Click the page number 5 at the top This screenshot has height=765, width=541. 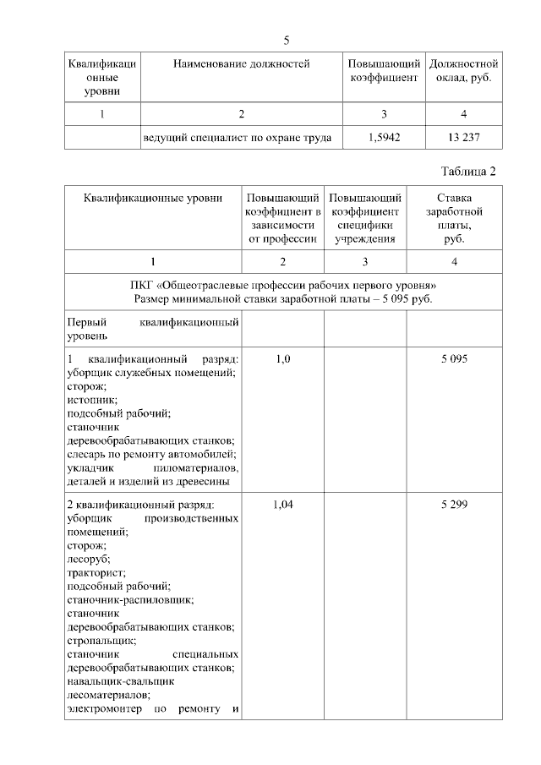tap(287, 41)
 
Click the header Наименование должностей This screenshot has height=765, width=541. tap(242, 63)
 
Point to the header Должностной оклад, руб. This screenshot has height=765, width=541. tap(464, 70)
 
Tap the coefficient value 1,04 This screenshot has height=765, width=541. tap(283, 505)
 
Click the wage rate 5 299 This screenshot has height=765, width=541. tap(454, 505)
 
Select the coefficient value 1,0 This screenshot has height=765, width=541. tap(283, 359)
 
